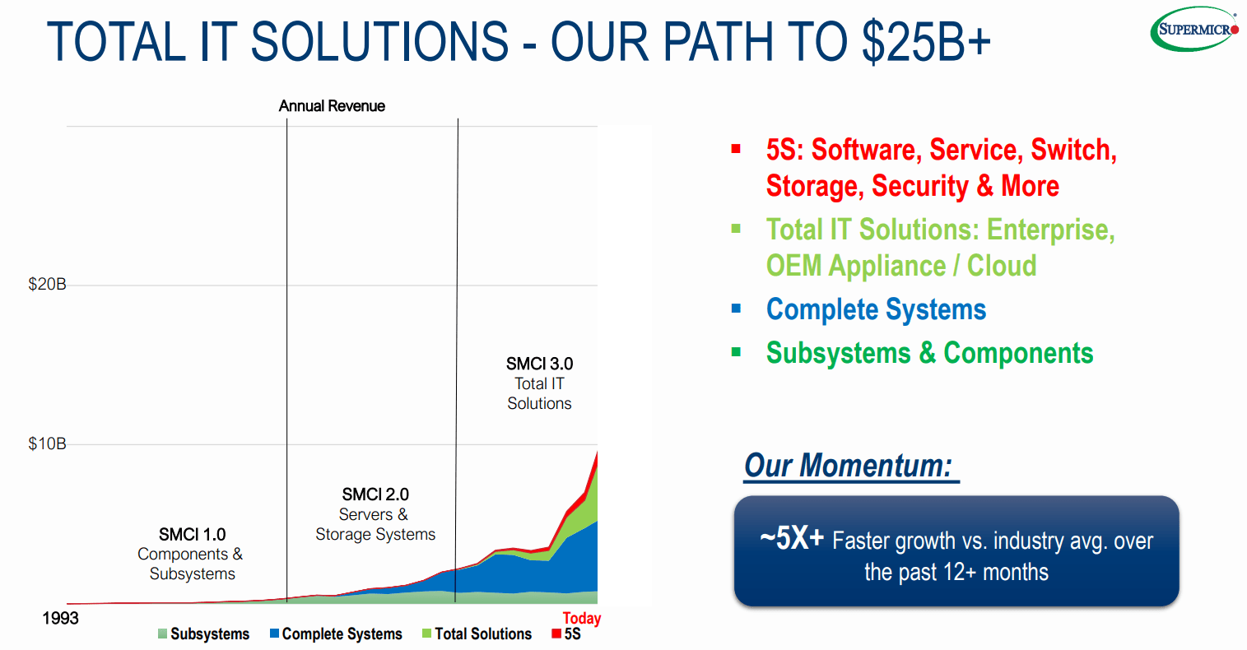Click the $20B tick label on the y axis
[47, 285]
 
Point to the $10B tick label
[47, 444]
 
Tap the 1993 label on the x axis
[60, 619]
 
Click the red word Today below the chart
[581, 619]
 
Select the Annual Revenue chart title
[332, 106]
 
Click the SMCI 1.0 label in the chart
[192, 535]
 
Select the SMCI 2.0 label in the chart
[375, 494]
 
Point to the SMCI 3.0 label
[539, 364]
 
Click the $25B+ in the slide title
[926, 42]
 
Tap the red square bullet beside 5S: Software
[736, 150]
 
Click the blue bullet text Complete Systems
[876, 309]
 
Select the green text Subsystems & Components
[929, 353]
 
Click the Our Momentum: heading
[849, 466]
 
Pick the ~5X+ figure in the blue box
[791, 538]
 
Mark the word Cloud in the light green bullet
[1002, 266]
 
